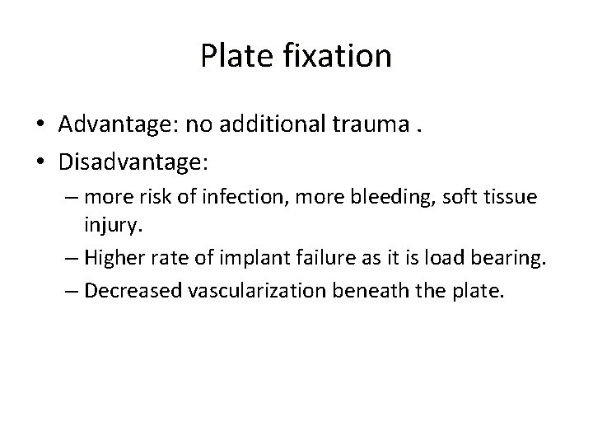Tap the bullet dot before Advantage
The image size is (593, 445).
[x=41, y=124]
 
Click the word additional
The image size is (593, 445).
[x=270, y=124]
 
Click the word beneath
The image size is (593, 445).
[x=385, y=293]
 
